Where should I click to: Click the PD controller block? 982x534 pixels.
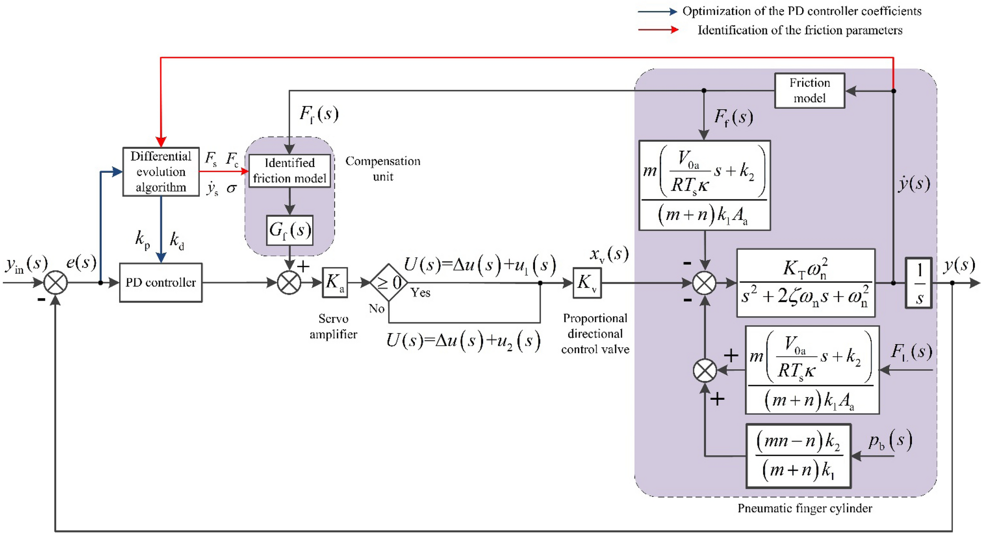pos(161,283)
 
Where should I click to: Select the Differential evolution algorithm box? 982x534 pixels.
pos(161,172)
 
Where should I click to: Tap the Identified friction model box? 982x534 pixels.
pos(290,171)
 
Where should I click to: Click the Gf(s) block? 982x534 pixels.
pos(290,230)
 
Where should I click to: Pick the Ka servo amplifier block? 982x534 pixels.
pos(335,283)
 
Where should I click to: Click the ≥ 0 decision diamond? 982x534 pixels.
pos(389,283)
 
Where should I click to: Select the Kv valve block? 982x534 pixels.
pos(587,283)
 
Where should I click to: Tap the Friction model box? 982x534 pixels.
pos(809,91)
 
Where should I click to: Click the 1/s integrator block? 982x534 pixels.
pos(919,283)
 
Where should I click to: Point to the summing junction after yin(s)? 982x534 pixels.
pos(56,283)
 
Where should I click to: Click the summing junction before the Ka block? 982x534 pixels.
pos(289,283)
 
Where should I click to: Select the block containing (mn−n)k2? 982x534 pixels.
pos(798,456)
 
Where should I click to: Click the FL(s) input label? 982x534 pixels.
pos(911,352)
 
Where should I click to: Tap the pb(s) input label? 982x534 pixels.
pos(890,441)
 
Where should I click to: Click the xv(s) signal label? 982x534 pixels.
pos(608,254)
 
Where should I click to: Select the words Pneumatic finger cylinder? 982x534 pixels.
pos(805,508)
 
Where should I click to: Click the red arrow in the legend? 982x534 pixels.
pos(658,30)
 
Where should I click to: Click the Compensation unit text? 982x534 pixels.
pos(383,169)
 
